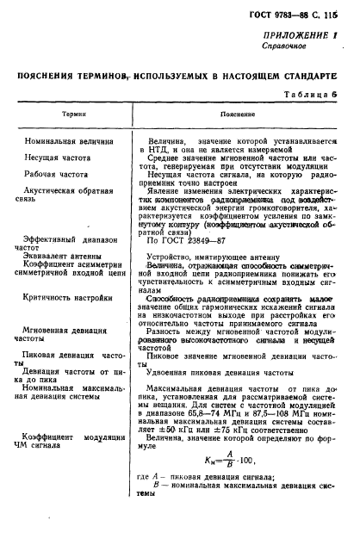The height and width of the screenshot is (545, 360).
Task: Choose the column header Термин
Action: click(x=61, y=113)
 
